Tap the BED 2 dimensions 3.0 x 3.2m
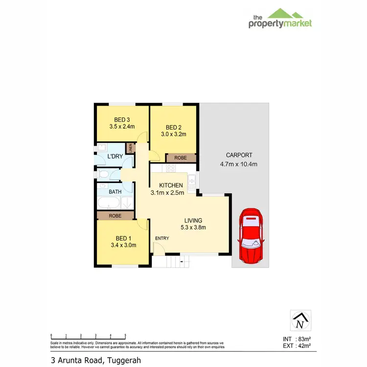pyautogui.click(x=174, y=134)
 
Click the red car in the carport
pyautogui.click(x=251, y=236)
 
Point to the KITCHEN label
pyautogui.click(x=171, y=185)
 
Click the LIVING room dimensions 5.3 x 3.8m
pyautogui.click(x=193, y=227)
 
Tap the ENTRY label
pyautogui.click(x=162, y=238)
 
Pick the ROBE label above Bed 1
pyautogui.click(x=115, y=216)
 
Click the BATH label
pyautogui.click(x=115, y=192)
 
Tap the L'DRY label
pyautogui.click(x=115, y=157)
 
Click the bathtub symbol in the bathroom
pyautogui.click(x=109, y=204)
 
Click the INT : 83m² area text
pyautogui.click(x=297, y=339)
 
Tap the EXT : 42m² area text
pyautogui.click(x=297, y=346)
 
